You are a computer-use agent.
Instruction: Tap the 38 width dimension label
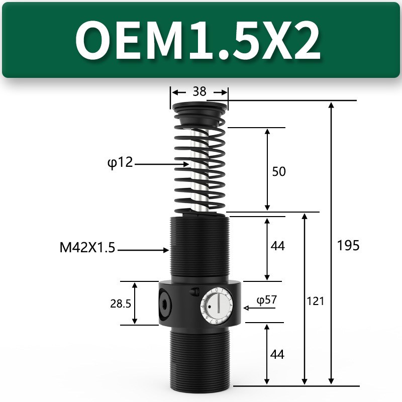tap(199, 92)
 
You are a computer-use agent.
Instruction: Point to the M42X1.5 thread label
tap(87, 248)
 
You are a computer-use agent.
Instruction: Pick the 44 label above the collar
tap(277, 246)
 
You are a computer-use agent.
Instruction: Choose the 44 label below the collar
tap(277, 354)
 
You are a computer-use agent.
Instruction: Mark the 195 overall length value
tap(348, 245)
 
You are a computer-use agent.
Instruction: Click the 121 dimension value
tap(316, 301)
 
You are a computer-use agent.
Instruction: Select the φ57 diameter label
tap(267, 300)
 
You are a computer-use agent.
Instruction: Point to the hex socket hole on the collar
tap(166, 303)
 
